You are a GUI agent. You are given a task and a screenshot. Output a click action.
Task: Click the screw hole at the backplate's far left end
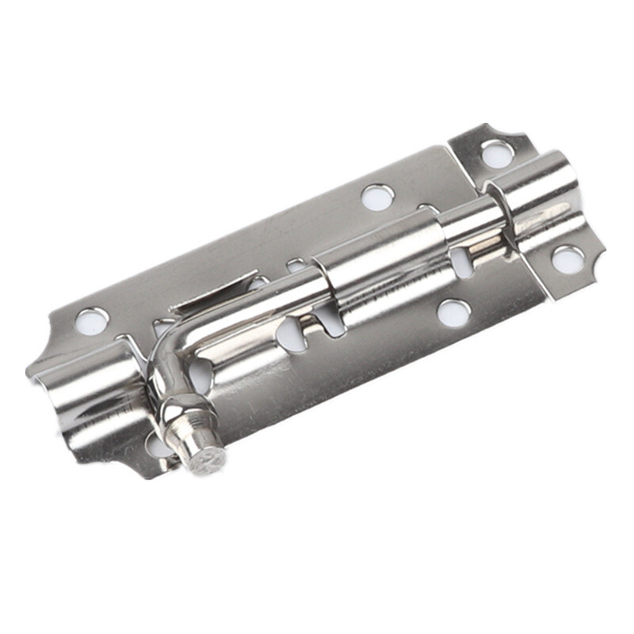point(91,321)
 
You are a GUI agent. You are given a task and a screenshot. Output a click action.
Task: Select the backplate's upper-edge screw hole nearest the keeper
point(377,197)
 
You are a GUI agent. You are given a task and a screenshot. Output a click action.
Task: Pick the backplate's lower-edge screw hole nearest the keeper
point(453,312)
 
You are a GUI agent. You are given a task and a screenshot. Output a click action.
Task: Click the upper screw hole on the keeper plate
point(496,153)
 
